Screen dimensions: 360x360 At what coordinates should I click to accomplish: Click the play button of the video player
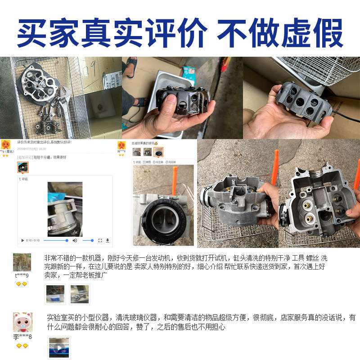click(23, 240)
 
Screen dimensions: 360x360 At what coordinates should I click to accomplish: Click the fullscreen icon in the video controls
click(100, 240)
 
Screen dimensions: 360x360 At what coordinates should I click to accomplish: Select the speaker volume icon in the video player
click(75, 240)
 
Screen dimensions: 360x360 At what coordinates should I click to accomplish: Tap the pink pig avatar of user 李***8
click(22, 323)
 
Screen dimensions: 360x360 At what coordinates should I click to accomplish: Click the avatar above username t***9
click(22, 262)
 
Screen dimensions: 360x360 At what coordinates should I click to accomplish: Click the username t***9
click(22, 275)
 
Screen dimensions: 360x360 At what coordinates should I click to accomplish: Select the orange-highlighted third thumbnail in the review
click(158, 152)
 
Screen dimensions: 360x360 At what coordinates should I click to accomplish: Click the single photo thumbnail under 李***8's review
click(59, 347)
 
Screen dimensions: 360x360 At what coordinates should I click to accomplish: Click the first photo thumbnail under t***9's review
click(55, 294)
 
